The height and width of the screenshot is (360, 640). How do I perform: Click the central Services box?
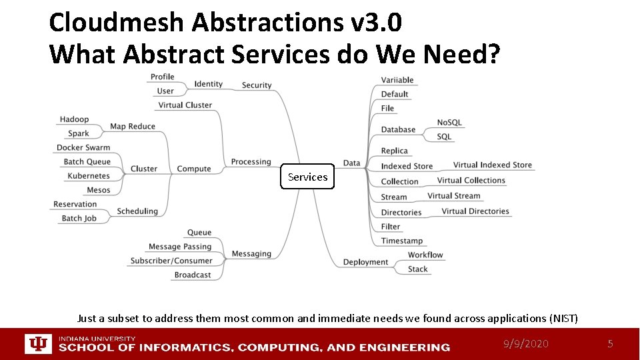pyautogui.click(x=307, y=177)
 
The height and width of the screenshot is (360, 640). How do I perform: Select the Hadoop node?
pyautogui.click(x=74, y=119)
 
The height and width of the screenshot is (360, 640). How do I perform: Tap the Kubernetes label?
pyautogui.click(x=89, y=176)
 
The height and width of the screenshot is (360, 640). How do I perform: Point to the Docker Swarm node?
pyautogui.click(x=83, y=147)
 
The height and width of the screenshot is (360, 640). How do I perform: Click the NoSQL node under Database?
pyautogui.click(x=449, y=123)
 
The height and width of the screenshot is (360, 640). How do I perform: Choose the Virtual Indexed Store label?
pyautogui.click(x=492, y=165)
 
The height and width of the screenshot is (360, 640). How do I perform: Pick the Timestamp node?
pyautogui.click(x=401, y=241)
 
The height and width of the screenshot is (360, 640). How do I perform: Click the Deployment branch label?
pyautogui.click(x=365, y=262)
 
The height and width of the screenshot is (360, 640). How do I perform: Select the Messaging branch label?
pyautogui.click(x=251, y=253)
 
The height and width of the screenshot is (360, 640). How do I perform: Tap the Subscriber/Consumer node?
pyautogui.click(x=171, y=261)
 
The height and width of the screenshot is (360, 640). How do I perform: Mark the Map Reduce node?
pyautogui.click(x=132, y=126)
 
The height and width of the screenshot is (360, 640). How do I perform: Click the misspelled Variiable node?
pyautogui.click(x=397, y=80)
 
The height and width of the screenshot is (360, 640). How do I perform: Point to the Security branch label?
pyautogui.click(x=257, y=85)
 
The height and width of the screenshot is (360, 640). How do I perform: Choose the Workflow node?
pyautogui.click(x=425, y=255)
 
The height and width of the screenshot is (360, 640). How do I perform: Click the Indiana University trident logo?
pyautogui.click(x=38, y=344)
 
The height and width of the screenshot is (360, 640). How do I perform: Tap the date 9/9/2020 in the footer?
pyautogui.click(x=526, y=344)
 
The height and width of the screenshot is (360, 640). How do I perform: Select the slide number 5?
pyautogui.click(x=609, y=344)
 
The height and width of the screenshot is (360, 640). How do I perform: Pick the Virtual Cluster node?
pyautogui.click(x=185, y=105)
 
